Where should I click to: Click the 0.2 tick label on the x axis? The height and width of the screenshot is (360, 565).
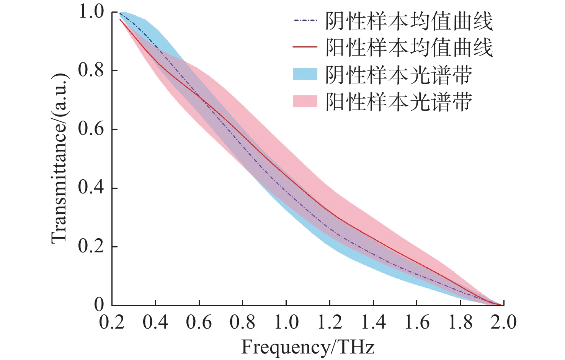tap(112, 322)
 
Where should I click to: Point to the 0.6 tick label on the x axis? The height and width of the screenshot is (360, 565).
tap(199, 322)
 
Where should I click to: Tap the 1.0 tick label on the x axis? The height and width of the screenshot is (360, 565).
tap(286, 322)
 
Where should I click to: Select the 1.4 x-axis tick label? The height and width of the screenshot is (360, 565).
tap(373, 322)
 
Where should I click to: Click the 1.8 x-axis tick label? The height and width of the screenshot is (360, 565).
tap(460, 322)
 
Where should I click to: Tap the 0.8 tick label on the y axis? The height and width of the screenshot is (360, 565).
tap(91, 70)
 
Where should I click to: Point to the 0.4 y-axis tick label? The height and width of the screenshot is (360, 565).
tap(91, 188)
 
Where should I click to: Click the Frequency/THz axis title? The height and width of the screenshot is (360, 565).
tap(307, 347)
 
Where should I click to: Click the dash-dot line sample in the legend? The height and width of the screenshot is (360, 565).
tap(305, 20)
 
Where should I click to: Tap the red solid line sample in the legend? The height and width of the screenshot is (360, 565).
tap(305, 47)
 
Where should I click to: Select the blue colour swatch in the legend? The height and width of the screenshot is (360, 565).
tap(305, 74)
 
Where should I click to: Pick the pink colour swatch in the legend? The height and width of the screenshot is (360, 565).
tap(305, 101)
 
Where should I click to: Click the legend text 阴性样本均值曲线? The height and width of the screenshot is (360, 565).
tap(409, 21)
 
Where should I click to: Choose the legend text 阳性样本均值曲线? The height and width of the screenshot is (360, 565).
tap(409, 48)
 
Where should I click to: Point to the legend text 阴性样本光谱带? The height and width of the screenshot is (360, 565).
tap(398, 75)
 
